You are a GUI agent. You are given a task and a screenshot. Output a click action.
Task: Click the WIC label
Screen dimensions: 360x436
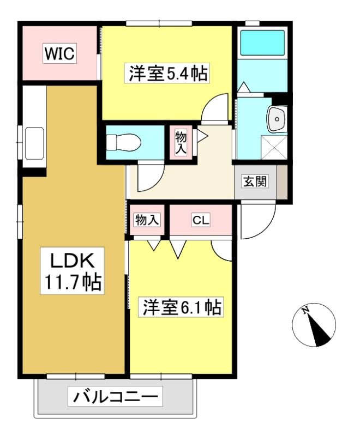(60, 53)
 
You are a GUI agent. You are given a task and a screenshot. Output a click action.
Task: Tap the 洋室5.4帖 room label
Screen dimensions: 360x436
(168, 73)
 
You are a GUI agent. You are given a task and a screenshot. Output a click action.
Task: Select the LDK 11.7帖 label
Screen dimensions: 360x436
(73, 270)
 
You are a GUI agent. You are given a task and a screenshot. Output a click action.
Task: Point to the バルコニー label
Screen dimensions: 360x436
(115, 397)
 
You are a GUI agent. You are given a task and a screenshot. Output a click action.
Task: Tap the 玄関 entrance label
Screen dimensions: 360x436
(255, 181)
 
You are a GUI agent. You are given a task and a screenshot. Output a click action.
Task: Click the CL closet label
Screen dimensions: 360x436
(201, 221)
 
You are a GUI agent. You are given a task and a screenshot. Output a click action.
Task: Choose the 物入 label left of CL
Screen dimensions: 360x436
(147, 220)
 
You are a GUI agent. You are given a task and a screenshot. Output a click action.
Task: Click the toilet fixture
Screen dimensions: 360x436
(123, 142)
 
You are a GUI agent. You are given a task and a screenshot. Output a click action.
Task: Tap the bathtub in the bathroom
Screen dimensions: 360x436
(262, 43)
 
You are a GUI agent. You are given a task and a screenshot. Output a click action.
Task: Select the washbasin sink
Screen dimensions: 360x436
(276, 119)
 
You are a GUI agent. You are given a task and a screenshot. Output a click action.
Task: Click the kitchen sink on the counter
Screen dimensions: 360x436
(34, 143)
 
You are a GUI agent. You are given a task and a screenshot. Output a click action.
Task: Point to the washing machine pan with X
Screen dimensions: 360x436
(274, 147)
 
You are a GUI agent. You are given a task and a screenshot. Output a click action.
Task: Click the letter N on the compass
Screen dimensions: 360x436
(306, 310)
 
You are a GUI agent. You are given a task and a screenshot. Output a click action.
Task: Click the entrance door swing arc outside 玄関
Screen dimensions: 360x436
(265, 228)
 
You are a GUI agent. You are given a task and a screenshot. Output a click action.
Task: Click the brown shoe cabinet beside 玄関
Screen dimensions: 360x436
(282, 182)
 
